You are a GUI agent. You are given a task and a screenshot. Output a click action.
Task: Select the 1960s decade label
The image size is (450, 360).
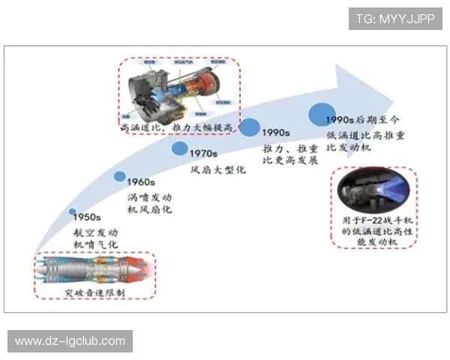click(x=141, y=182)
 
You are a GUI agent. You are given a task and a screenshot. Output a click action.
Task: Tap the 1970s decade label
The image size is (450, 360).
click(x=203, y=154)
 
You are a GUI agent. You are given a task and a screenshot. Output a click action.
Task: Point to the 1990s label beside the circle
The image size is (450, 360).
click(x=277, y=132)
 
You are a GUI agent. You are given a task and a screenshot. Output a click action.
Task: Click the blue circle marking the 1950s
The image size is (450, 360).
click(x=73, y=212)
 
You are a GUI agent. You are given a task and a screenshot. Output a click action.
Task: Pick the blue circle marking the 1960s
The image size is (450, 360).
click(x=120, y=177)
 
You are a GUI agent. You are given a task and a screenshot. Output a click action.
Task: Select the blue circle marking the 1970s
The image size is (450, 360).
click(x=179, y=148)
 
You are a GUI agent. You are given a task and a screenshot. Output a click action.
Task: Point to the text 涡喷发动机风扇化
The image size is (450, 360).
click(x=150, y=202)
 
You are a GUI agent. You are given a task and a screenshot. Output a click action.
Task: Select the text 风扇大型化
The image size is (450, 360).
click(x=217, y=170)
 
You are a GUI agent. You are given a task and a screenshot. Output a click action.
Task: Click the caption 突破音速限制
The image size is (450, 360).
click(x=95, y=291)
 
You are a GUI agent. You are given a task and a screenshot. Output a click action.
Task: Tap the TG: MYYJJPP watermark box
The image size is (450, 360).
click(x=395, y=19)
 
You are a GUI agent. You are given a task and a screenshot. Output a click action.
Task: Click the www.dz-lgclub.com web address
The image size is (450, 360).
click(x=70, y=341)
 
